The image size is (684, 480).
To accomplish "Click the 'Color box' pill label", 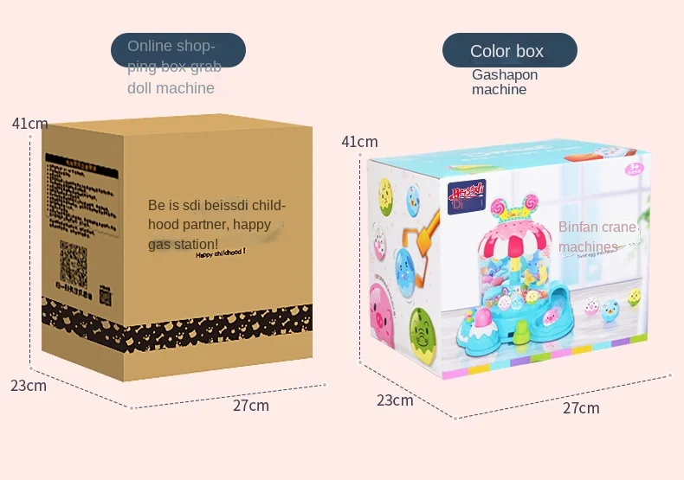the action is (509, 51).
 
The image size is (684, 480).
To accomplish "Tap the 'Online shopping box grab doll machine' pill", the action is (177, 51).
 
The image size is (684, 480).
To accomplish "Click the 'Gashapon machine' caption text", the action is (504, 82).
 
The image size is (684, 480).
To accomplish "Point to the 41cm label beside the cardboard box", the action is (29, 124).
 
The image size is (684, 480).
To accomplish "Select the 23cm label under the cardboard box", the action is (29, 386).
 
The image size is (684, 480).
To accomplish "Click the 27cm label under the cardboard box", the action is (251, 406).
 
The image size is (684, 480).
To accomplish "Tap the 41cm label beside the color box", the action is (359, 142).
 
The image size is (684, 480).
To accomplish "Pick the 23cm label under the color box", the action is (394, 400).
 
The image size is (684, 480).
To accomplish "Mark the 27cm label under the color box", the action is (581, 408).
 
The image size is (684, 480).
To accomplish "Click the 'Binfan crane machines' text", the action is (597, 237).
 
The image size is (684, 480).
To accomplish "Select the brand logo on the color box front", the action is (466, 194).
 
